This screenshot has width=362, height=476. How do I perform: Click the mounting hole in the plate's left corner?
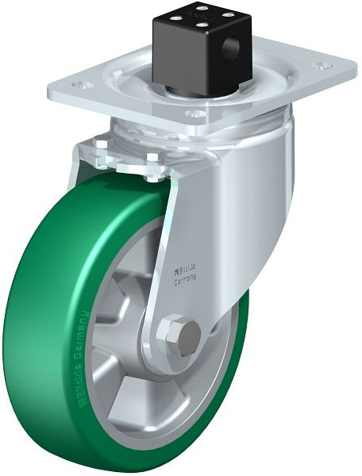[x=77, y=83]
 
